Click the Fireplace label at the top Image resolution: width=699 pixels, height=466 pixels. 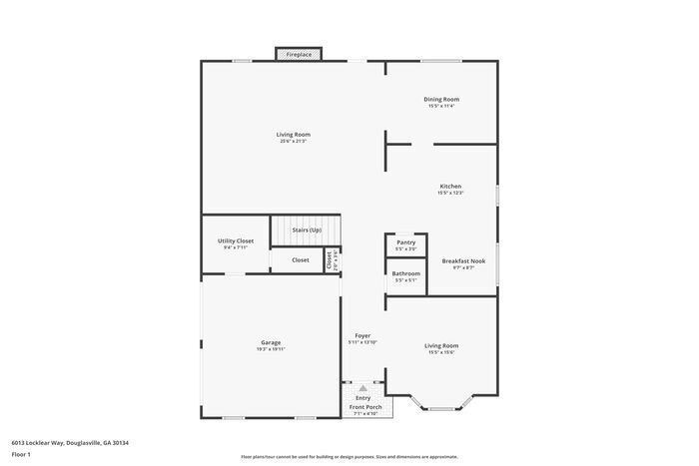click(300, 55)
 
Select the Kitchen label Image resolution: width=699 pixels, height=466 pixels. click(450, 186)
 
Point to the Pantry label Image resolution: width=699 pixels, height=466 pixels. click(405, 242)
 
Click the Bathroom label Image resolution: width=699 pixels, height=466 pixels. click(405, 273)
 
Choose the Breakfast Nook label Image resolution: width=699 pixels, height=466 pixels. click(463, 260)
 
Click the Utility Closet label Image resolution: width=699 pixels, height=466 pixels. click(236, 240)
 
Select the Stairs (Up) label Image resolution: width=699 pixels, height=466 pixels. click(307, 231)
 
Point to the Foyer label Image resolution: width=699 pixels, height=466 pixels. click(362, 335)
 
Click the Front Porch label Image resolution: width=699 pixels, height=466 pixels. click(365, 407)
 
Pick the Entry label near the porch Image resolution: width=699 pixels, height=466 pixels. click(362, 398)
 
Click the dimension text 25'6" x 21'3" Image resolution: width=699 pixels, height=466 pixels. click(294, 142)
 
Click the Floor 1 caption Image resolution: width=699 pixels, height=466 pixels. click(22, 455)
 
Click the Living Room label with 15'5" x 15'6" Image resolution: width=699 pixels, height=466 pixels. click(441, 345)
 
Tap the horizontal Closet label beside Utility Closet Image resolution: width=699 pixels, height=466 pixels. click(301, 260)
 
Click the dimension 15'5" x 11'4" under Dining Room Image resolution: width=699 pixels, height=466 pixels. click(441, 106)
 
